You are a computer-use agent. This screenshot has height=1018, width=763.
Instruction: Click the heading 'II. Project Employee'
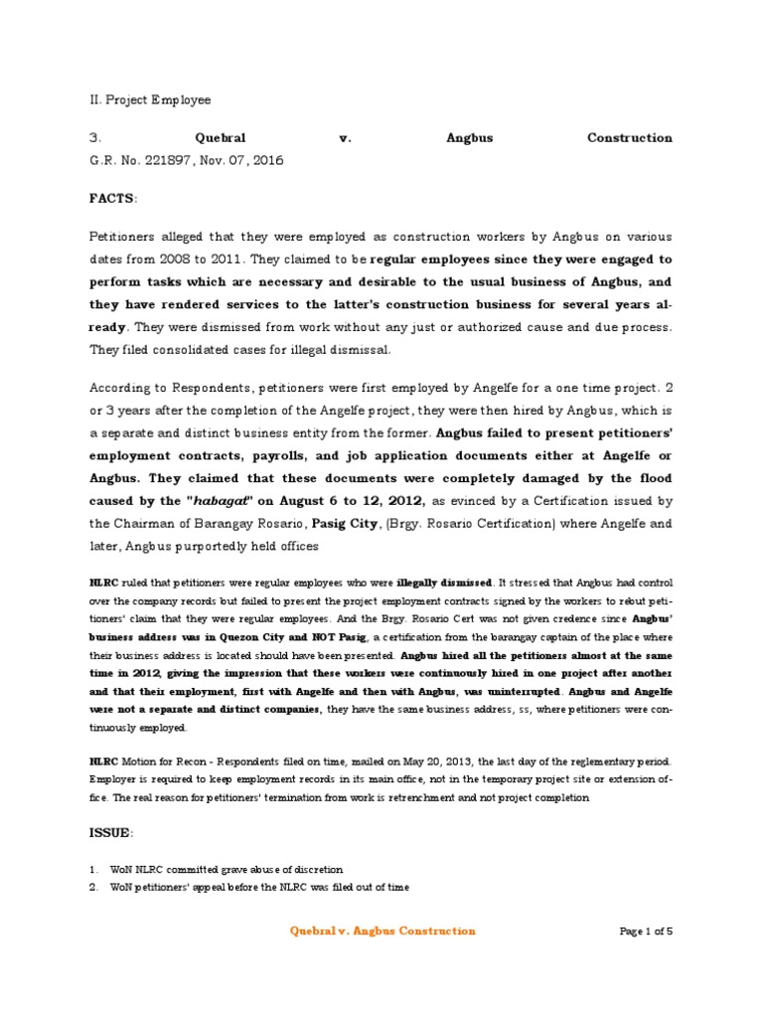pos(150,100)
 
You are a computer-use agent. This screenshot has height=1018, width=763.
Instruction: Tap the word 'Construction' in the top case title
pos(629,138)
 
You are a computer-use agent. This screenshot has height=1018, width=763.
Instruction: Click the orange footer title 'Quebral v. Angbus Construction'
pos(381,932)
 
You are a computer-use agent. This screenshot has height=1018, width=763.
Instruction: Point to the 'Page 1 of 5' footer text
pos(646,932)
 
